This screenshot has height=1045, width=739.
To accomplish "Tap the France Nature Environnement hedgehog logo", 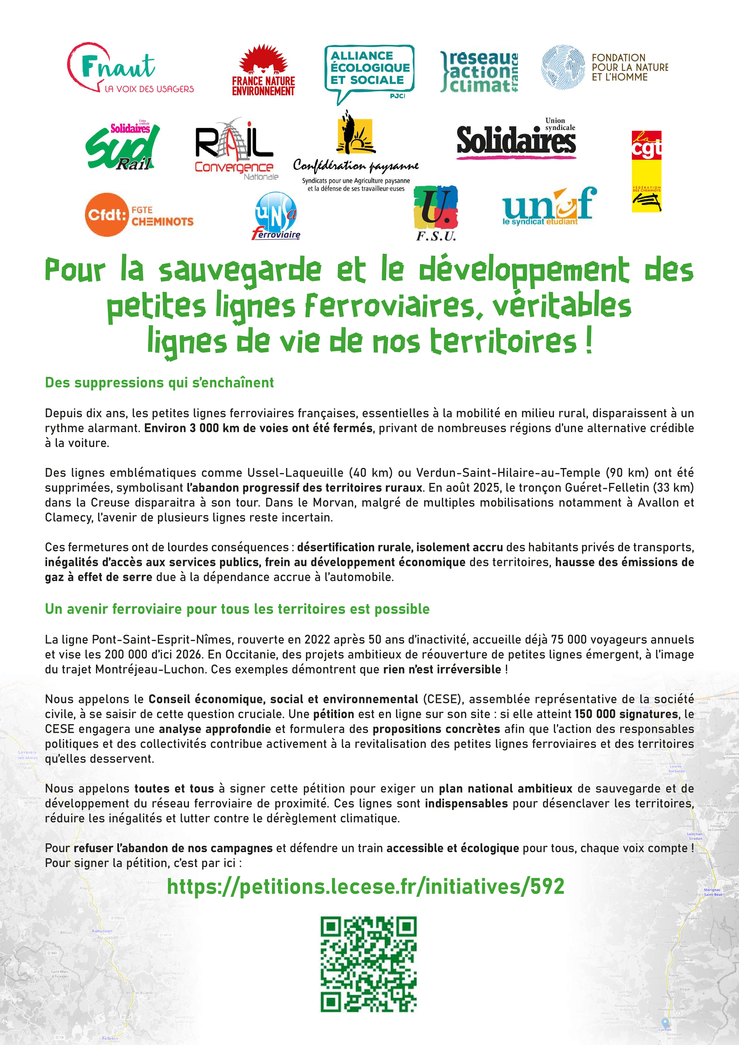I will point(264,71).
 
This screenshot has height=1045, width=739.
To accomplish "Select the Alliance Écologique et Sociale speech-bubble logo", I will point(369,73).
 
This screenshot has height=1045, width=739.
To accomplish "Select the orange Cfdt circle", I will point(106,214).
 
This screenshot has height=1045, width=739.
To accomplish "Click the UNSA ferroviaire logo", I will point(276,215).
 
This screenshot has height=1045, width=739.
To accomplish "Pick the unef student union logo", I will point(549,207).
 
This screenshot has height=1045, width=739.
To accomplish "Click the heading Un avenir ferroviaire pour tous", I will point(237,609).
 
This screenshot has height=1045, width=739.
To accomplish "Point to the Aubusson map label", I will point(102,931).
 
